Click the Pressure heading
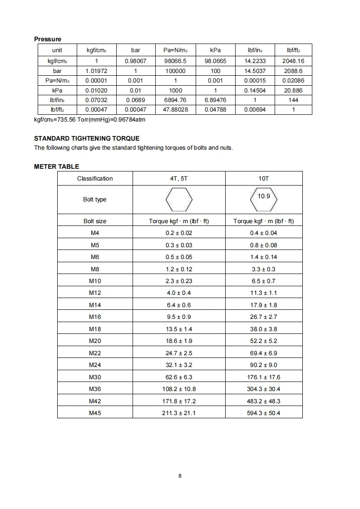48,39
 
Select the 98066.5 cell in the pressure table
175,61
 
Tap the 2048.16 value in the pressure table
293,61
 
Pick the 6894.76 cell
175,100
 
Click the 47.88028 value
175,109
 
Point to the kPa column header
215,50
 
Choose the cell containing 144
293,100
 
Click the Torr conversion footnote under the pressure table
90,120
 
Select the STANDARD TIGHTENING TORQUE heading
87,138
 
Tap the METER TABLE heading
56,166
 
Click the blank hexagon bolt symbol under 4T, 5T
179,200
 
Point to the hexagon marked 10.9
263,199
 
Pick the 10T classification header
263,178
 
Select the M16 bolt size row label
95,317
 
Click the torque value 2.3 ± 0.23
179,281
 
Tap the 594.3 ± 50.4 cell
263,413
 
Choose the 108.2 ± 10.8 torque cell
179,389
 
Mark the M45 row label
95,413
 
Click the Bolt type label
95,200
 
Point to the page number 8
180,476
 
